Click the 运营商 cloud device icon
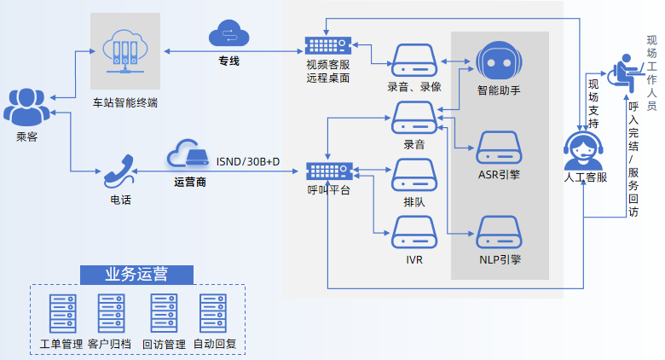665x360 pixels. pyautogui.click(x=188, y=154)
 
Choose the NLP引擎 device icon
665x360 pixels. pyautogui.click(x=499, y=232)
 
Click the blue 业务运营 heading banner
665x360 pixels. pyautogui.click(x=136, y=274)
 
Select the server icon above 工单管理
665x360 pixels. pyautogui.click(x=61, y=313)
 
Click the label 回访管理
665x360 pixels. pyautogui.click(x=164, y=345)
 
